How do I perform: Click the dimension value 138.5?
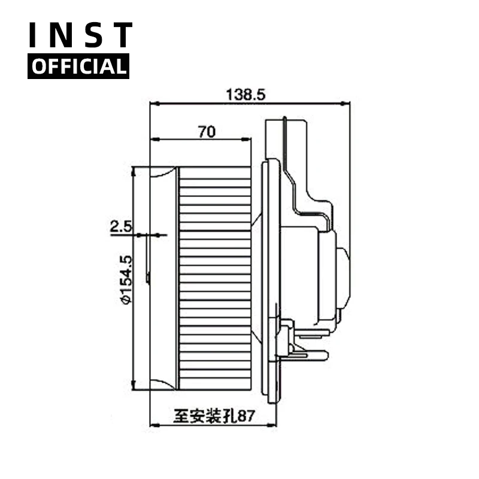(x=245, y=94)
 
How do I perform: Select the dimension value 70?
(x=207, y=132)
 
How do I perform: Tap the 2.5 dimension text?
(x=120, y=226)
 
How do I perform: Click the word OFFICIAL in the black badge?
(x=78, y=66)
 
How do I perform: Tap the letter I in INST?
(x=35, y=35)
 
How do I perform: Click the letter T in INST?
(x=122, y=35)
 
